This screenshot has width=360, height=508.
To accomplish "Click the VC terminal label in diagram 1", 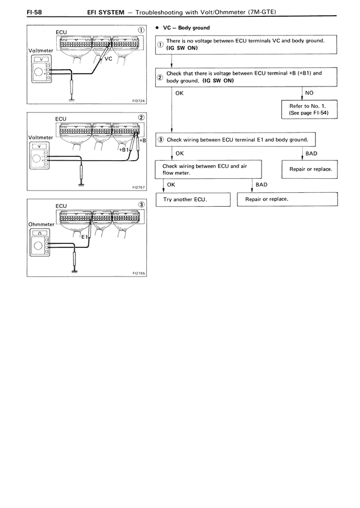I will pos(109,58).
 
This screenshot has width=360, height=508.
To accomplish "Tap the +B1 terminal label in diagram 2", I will pos(124,149).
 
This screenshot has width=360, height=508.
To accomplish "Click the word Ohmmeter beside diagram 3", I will pos(41,224).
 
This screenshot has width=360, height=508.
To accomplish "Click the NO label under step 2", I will pos(309,93).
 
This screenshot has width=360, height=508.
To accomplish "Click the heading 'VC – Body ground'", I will pos(186,28).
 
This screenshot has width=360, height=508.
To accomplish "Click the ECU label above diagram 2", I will pos(61,119).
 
